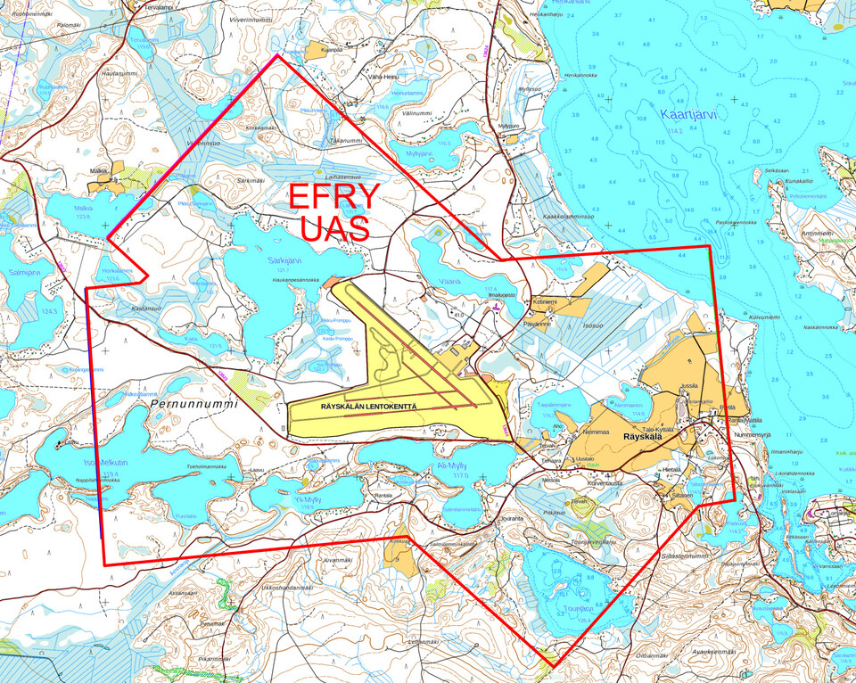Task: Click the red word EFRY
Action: point(334,198)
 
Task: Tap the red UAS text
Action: point(334,229)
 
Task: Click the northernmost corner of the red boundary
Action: point(278,55)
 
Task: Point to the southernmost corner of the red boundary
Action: point(554,666)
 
